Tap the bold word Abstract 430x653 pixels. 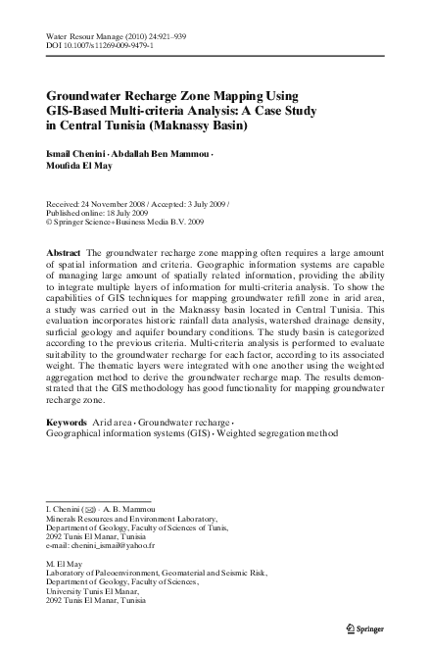[x=64, y=252]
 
